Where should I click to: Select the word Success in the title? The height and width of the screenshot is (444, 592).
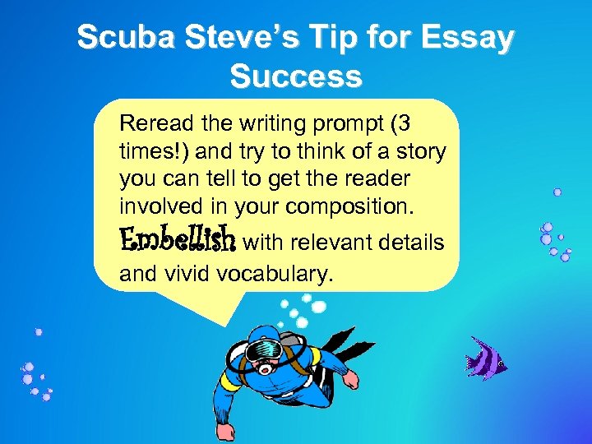click(296, 76)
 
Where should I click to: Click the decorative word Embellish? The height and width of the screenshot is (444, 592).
click(178, 240)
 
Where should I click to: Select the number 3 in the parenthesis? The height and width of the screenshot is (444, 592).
click(400, 125)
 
